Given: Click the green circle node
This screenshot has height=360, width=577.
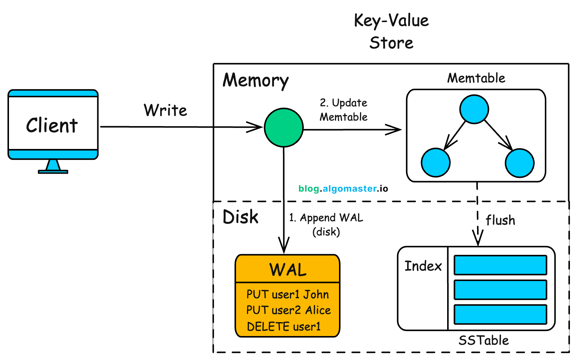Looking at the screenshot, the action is (284, 128).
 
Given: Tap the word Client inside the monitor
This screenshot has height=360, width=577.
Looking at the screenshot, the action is (52, 125).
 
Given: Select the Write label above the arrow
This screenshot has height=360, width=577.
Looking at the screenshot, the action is (165, 110).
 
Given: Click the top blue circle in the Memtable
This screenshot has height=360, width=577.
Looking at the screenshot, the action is (474, 109).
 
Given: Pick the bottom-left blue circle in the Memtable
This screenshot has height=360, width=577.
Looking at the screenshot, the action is (436, 162).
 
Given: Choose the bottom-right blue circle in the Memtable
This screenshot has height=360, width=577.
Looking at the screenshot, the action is (519, 163).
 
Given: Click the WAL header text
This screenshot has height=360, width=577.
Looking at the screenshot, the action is (288, 270).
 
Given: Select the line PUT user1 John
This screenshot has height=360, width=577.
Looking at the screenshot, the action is (287, 294).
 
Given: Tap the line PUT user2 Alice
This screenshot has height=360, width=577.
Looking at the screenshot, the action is (288, 310).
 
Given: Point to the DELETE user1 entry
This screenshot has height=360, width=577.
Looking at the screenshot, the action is (284, 326).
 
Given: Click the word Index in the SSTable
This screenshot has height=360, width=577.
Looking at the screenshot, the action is (423, 266).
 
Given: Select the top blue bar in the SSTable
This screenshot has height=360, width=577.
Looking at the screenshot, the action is (500, 265).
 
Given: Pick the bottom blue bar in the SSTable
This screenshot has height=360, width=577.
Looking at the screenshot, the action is (500, 314).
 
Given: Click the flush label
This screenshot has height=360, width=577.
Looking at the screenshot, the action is (500, 220).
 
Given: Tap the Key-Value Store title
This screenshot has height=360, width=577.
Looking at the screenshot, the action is (391, 31).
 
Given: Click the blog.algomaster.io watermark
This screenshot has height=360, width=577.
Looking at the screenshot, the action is (343, 189).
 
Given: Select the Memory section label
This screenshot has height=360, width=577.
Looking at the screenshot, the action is (256, 80).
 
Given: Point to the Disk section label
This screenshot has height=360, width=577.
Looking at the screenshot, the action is (240, 217).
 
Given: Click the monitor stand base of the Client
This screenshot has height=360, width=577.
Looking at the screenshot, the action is (53, 172).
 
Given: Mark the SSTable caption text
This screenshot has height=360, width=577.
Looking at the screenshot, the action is (483, 341).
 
